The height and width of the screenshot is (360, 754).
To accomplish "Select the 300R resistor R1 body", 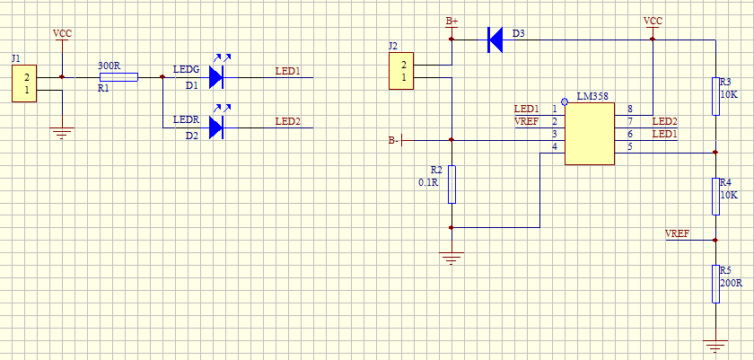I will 118,77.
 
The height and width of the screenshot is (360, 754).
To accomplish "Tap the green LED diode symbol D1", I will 215,77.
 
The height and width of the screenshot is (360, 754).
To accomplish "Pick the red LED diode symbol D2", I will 215,128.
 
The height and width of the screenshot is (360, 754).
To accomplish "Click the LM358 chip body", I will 589,134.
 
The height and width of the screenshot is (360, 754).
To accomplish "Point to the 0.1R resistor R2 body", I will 452,184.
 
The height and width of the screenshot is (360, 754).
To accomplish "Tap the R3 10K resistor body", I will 715,96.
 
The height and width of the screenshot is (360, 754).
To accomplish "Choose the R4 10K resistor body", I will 715,196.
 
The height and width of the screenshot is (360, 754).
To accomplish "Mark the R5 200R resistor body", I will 715,284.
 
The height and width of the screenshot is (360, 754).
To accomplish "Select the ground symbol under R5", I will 715,345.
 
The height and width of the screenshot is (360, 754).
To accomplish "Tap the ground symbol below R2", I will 452,259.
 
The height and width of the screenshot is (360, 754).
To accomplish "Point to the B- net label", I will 393,140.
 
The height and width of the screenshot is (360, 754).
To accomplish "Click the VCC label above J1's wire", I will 62,34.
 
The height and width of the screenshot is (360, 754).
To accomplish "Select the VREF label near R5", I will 677,233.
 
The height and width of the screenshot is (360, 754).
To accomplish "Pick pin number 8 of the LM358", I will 629,109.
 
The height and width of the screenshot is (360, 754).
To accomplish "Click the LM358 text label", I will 593,95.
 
